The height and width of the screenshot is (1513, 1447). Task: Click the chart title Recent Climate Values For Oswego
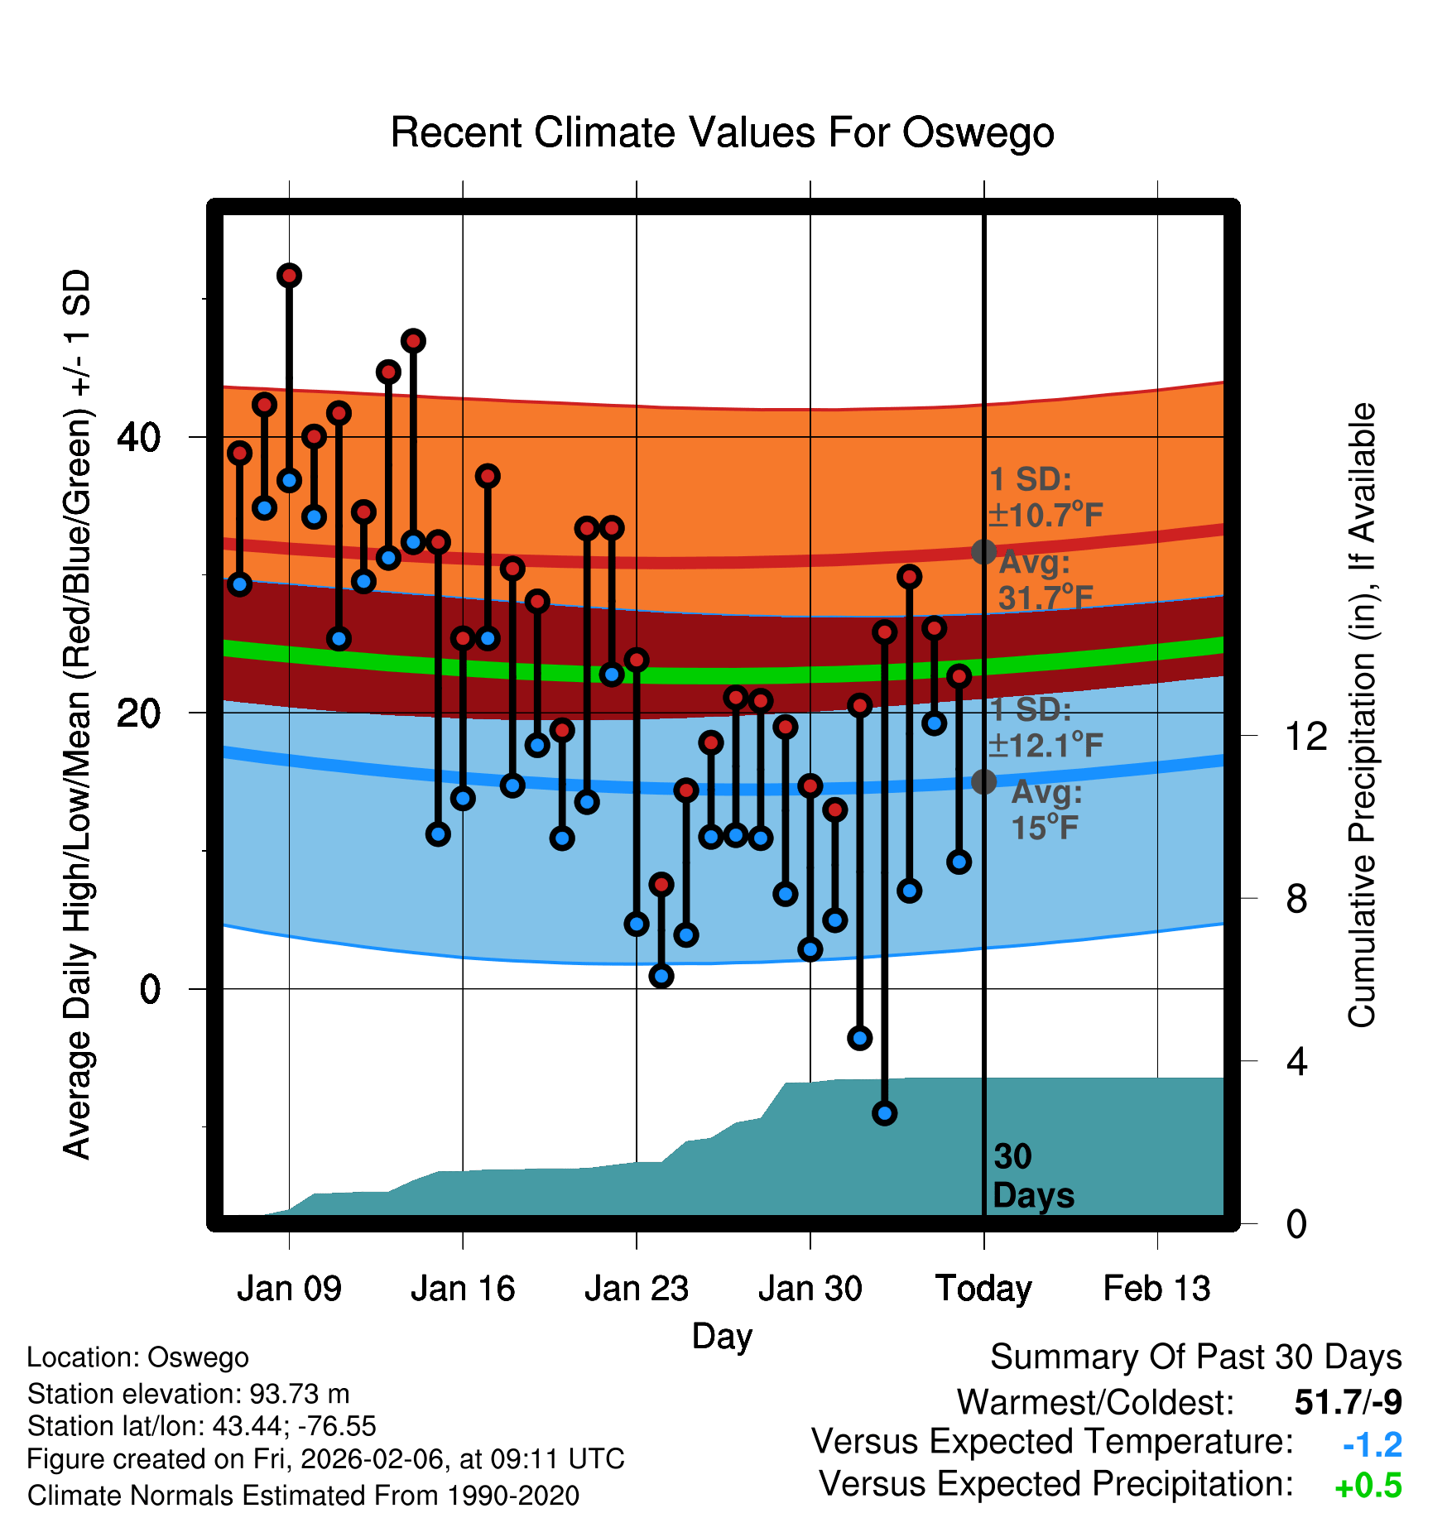coord(722,133)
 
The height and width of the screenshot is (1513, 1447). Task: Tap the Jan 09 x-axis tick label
coord(289,1289)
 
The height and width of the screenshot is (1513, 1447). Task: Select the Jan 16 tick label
coord(463,1289)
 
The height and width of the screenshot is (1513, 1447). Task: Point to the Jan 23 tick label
coord(637,1289)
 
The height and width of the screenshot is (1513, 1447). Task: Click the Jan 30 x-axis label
coord(810,1289)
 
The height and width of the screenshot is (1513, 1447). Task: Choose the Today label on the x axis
coord(983,1289)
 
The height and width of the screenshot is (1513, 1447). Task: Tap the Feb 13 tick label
coord(1157,1289)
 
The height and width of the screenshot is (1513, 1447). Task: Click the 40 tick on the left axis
coord(139,437)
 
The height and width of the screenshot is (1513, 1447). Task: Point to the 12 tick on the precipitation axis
coord(1306,736)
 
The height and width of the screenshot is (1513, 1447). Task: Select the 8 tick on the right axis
coord(1297,899)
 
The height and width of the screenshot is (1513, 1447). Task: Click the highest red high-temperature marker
coord(289,276)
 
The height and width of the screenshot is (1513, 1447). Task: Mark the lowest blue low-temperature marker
coord(885,1113)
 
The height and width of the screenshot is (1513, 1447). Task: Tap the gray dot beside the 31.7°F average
coord(983,551)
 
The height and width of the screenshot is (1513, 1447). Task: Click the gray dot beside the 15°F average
coord(983,781)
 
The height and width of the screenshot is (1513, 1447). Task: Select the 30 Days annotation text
coord(1032,1176)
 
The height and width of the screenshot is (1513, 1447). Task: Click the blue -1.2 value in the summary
coord(1372,1445)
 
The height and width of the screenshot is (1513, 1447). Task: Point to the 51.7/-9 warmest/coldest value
coord(1348,1402)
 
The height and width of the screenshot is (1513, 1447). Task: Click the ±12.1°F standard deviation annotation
coord(1046,745)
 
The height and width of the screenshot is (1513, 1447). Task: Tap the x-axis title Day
coord(722,1337)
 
